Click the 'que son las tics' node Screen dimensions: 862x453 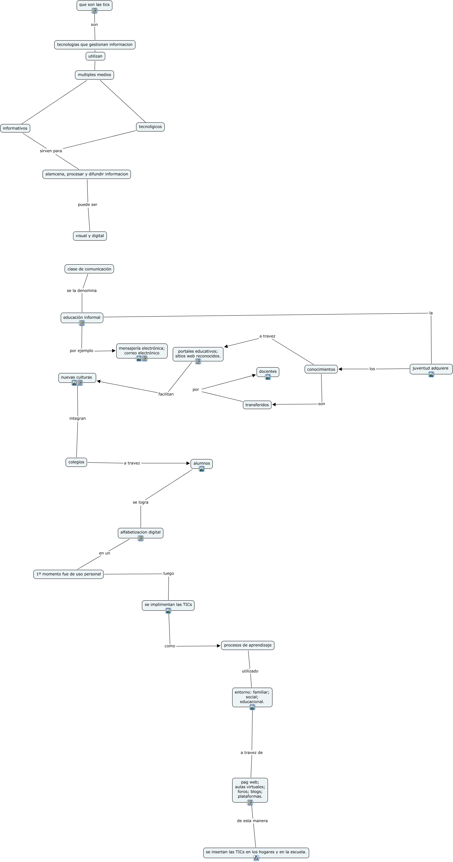click(x=94, y=5)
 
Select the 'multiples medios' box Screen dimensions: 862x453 click(x=94, y=75)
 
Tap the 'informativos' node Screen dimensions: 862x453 click(x=15, y=129)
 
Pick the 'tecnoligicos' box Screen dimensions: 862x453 click(x=150, y=127)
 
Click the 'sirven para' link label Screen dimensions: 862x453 click(x=51, y=151)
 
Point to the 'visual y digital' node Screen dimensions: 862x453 click(x=90, y=236)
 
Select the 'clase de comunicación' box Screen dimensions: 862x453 click(x=89, y=269)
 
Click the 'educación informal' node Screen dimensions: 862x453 click(x=82, y=318)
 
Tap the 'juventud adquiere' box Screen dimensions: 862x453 click(x=431, y=369)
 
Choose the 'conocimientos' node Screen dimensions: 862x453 click(x=321, y=369)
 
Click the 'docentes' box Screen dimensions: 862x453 click(x=268, y=371)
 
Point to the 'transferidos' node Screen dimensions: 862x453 click(x=257, y=405)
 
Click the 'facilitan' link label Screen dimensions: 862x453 click(x=166, y=394)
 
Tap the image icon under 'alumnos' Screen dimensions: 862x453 click(x=202, y=469)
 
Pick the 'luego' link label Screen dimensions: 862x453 click(x=169, y=574)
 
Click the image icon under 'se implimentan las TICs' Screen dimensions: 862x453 click(x=168, y=611)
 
